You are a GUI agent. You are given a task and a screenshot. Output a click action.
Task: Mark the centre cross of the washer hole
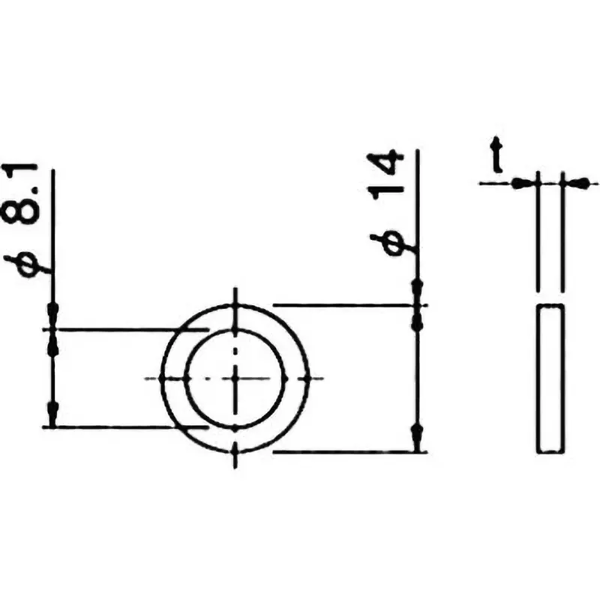click(x=235, y=377)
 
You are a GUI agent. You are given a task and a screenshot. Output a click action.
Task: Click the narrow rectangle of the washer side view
click(x=550, y=379)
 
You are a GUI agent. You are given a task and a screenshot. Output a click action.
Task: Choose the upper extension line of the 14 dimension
click(x=345, y=305)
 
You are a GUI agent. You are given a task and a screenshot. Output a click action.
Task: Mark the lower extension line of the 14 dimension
click(x=345, y=451)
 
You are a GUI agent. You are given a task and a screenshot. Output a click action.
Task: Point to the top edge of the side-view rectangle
click(x=550, y=305)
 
